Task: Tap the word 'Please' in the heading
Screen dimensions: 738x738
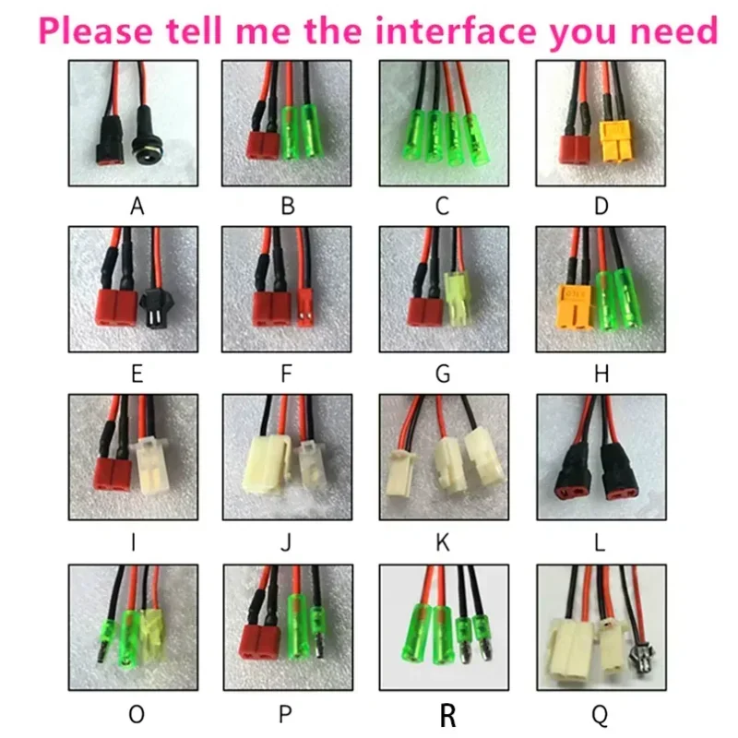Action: (96, 30)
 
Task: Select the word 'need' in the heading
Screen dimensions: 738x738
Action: (673, 30)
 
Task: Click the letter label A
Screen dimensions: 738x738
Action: (137, 206)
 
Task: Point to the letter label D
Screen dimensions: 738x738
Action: (601, 206)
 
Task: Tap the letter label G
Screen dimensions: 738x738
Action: (443, 374)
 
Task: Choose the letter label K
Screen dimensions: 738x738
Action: (443, 542)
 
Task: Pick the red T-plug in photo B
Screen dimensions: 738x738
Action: (263, 146)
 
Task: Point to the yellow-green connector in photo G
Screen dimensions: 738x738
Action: (454, 299)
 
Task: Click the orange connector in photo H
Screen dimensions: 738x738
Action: (574, 306)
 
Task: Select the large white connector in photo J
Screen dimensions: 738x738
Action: (265, 464)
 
